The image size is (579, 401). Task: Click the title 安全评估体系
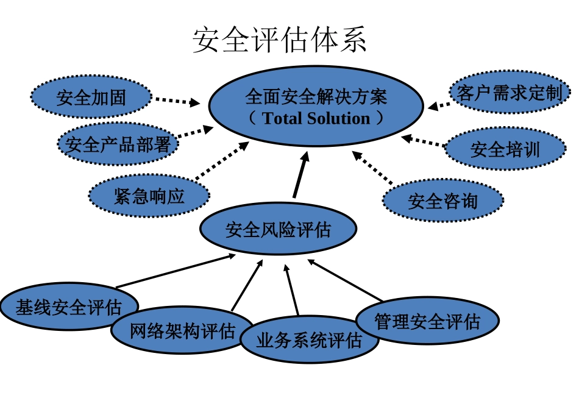coord(280,40)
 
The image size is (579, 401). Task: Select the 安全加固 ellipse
coord(91,98)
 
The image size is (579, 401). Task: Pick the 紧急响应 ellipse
coord(149,196)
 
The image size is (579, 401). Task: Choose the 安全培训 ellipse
coord(505,149)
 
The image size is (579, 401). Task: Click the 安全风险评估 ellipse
coord(278,230)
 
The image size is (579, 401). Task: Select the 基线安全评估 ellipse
coord(68,307)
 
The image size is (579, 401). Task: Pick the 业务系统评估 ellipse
coord(309,340)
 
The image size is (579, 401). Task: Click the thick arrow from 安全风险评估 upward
coord(300,175)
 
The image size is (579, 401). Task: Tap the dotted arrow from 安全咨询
coord(373,167)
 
